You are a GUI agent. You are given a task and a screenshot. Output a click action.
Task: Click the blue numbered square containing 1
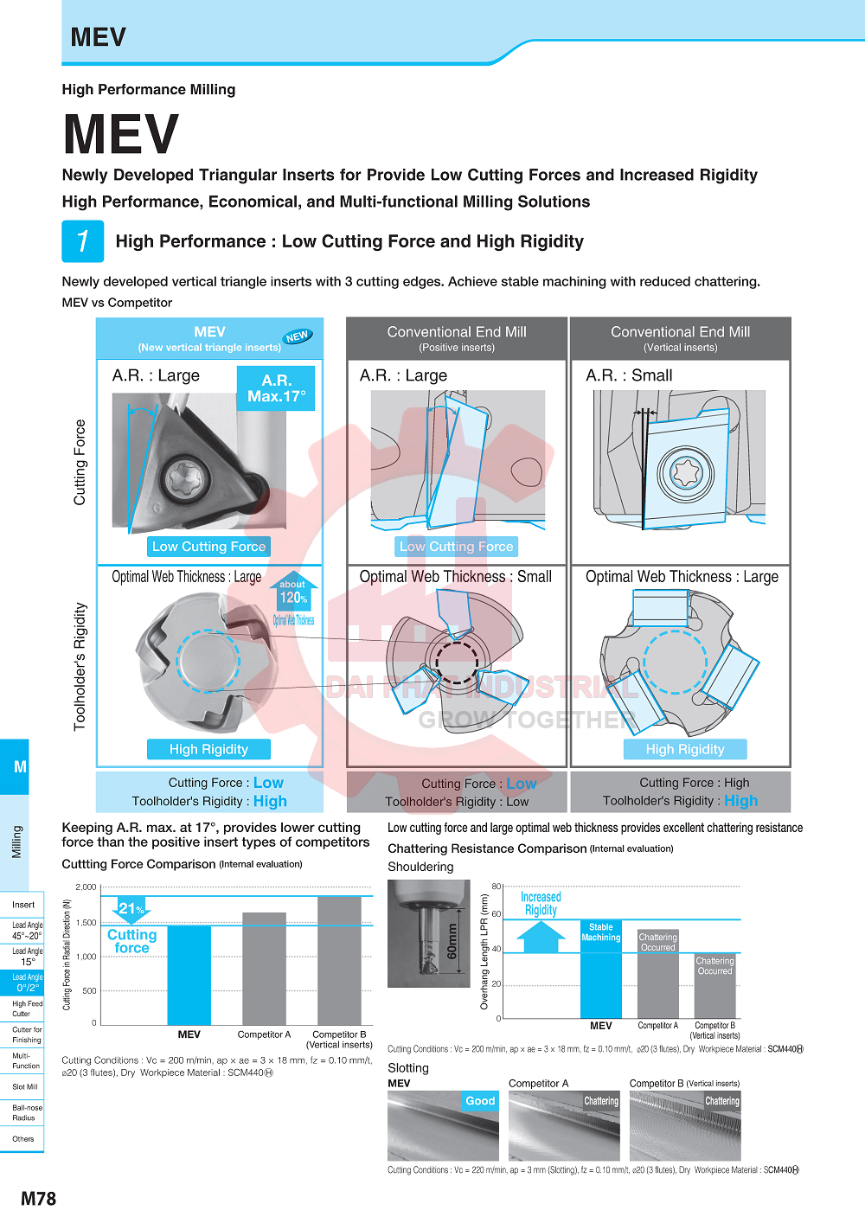(83, 241)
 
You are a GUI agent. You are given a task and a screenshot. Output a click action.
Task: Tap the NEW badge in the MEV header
(297, 336)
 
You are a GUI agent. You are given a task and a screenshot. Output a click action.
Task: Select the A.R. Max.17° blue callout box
(276, 388)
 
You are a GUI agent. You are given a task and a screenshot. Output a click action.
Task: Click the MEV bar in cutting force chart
(189, 975)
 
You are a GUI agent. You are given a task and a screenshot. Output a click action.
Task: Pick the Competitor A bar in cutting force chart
(264, 968)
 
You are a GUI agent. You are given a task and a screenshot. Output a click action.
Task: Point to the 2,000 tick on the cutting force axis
(86, 887)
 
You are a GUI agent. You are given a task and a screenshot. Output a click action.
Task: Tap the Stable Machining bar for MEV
(600, 969)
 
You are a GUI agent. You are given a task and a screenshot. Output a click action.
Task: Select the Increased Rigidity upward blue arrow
(541, 937)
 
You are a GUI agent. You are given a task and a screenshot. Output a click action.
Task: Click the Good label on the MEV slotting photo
(480, 1101)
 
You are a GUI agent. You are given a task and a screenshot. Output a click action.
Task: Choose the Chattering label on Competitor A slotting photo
(600, 1101)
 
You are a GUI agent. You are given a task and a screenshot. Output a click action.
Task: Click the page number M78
(38, 1199)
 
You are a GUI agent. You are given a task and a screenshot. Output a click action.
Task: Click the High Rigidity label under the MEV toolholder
(208, 749)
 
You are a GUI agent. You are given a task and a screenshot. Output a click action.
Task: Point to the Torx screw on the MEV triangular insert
(185, 477)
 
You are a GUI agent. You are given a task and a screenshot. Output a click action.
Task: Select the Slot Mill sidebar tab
(23, 1086)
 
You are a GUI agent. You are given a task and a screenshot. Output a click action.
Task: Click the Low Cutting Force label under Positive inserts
(456, 547)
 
